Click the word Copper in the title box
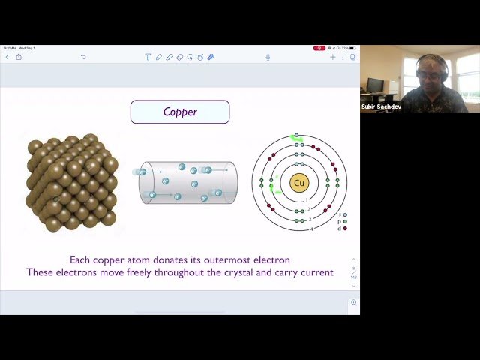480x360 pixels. pos(180,112)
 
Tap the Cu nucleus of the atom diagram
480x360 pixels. pos(299,183)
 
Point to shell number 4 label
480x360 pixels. pos(312,229)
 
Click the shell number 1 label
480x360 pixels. pos(306,200)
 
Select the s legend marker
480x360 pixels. pos(345,215)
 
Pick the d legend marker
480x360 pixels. pos(345,228)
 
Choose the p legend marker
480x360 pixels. pos(345,222)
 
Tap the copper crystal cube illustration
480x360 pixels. pos(72,182)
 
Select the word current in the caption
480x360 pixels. pos(314,272)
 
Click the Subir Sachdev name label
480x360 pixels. pos(381,107)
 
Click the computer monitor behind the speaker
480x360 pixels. pos(375,85)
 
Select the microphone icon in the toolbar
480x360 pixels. pos(268,57)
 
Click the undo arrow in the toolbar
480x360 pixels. pos(83,57)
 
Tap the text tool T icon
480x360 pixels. pos(148,57)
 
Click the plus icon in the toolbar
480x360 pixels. pos(333,57)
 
